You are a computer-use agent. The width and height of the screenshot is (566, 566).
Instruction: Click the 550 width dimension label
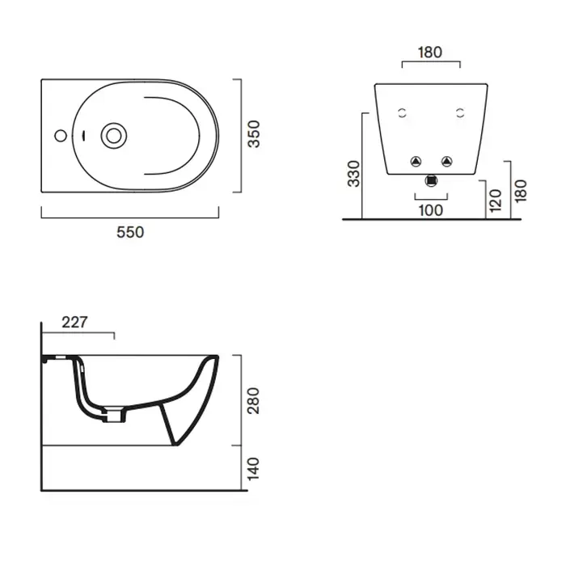coord(130,232)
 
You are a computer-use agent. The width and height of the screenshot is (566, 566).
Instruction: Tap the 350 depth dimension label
coord(253,134)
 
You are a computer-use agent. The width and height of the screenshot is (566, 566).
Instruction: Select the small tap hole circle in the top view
coord(61,136)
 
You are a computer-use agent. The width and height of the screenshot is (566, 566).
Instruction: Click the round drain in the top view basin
coord(114,136)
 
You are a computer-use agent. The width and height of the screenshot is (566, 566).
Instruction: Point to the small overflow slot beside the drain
coord(84,136)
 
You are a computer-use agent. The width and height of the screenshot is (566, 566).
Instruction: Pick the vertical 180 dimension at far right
coord(521,191)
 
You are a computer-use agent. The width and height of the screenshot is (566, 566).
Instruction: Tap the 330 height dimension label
coord(354,174)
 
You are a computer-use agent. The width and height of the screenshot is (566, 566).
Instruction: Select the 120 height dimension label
coord(495,201)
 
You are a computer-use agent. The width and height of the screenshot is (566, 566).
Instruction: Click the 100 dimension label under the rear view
coord(431,210)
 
